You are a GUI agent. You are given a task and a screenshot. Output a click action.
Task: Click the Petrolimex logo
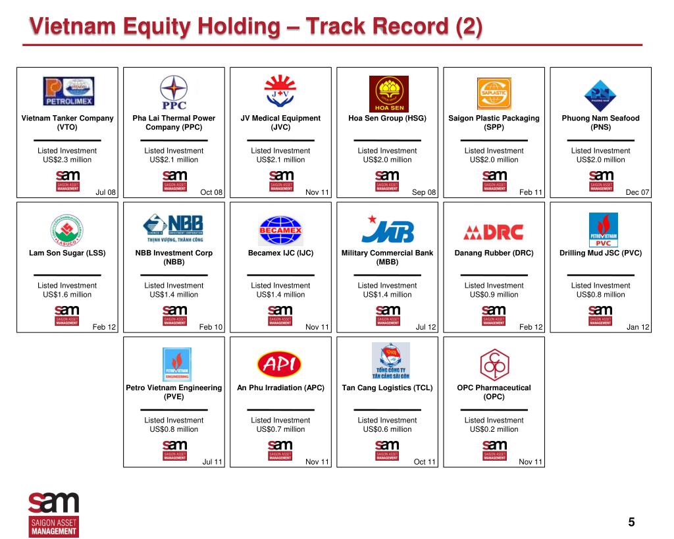coord(68,91)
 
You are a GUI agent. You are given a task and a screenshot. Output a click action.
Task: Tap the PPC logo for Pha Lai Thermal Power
coord(174,92)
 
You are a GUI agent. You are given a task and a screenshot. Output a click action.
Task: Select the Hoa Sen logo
coord(388,93)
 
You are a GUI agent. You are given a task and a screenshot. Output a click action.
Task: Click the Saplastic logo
coord(494,92)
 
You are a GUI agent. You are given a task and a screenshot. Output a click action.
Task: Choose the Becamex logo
coord(280,230)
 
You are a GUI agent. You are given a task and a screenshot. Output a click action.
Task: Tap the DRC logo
coord(494,232)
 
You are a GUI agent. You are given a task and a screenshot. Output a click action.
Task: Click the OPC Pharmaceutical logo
coord(494,363)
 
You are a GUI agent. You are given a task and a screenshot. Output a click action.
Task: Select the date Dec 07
coord(637,192)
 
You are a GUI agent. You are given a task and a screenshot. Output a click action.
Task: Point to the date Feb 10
coord(211,327)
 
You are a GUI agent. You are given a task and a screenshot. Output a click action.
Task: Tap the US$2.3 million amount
coord(67,159)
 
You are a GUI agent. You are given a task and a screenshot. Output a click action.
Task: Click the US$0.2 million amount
coord(494,429)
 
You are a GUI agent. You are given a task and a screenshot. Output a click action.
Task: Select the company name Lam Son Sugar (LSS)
coord(67,253)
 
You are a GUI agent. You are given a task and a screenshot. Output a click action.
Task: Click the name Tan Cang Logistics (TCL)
coord(387,388)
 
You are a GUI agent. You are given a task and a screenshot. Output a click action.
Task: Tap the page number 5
coord(632,523)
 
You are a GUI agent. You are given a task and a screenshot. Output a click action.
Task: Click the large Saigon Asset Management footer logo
coord(53,514)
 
